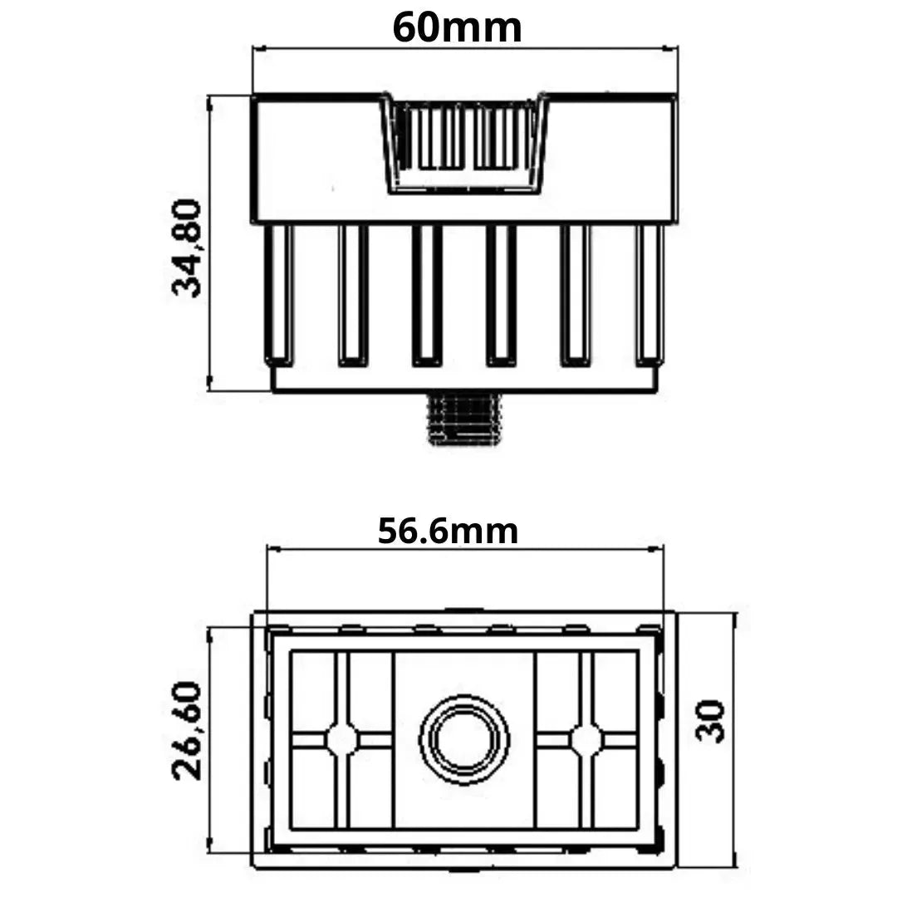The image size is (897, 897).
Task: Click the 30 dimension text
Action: (x=711, y=720)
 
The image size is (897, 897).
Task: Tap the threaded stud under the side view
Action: (x=463, y=419)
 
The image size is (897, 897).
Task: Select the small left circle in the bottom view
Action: (x=341, y=739)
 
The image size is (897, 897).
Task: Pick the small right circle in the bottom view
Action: (x=586, y=739)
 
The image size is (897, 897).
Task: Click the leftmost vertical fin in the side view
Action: (x=279, y=294)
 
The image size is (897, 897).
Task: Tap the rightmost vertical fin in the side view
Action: (x=649, y=294)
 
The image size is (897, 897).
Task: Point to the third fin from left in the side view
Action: (x=427, y=294)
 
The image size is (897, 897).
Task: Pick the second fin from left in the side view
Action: (x=353, y=294)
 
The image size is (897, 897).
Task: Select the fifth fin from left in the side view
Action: (x=576, y=294)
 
